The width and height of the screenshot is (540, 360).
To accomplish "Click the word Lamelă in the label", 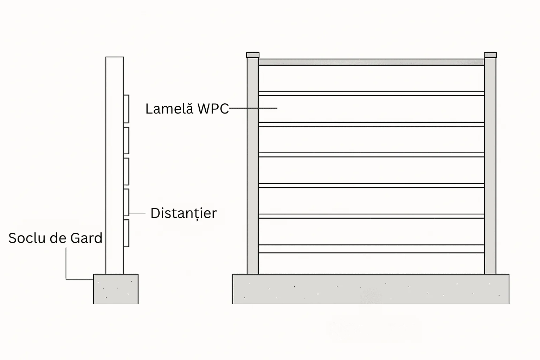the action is [x=169, y=109].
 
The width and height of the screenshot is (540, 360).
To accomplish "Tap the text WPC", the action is [x=213, y=109].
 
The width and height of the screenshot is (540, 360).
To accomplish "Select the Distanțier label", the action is [x=184, y=213].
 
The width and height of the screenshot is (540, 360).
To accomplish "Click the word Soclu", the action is [x=27, y=238].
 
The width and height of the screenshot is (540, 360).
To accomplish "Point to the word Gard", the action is [x=86, y=238].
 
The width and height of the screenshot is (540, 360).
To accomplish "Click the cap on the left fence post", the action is [x=253, y=55].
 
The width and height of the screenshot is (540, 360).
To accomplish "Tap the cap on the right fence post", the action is [x=490, y=55].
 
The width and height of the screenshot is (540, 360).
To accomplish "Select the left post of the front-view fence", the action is [x=253, y=166].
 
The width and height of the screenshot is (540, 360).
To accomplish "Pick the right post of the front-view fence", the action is [x=490, y=166].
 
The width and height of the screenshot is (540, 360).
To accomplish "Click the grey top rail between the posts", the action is [x=372, y=63].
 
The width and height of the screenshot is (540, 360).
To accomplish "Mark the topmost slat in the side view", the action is [x=126, y=109].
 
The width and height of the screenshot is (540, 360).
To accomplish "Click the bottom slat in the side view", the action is [x=126, y=233].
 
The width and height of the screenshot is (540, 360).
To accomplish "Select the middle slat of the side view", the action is [x=126, y=172].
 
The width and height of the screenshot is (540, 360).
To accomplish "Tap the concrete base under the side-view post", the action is [x=116, y=289].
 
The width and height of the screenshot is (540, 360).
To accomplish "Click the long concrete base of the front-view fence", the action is [x=371, y=289].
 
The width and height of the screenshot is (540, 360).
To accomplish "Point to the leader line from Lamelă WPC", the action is [x=253, y=108].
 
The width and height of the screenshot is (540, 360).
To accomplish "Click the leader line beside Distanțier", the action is [x=137, y=213].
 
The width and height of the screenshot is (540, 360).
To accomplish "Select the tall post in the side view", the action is [x=115, y=166].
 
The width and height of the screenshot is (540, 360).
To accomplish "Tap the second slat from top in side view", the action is [x=126, y=141].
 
